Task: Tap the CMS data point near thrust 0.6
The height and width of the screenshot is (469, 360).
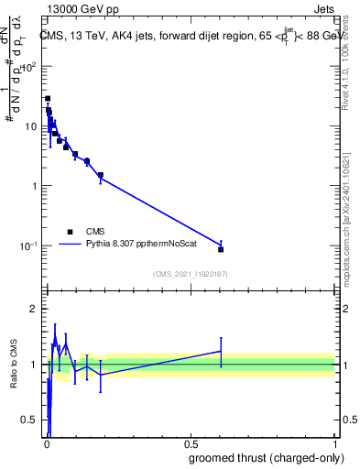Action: pyautogui.click(x=221, y=249)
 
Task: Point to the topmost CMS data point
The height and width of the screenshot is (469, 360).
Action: pyautogui.click(x=48, y=98)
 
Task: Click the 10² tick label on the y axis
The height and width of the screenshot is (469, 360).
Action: pyautogui.click(x=27, y=67)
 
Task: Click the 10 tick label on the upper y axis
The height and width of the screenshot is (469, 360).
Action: pyautogui.click(x=30, y=126)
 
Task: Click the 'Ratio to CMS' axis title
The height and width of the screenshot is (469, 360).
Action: pyautogui.click(x=13, y=364)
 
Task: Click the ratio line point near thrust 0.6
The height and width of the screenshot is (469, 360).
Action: pyautogui.click(x=221, y=351)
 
